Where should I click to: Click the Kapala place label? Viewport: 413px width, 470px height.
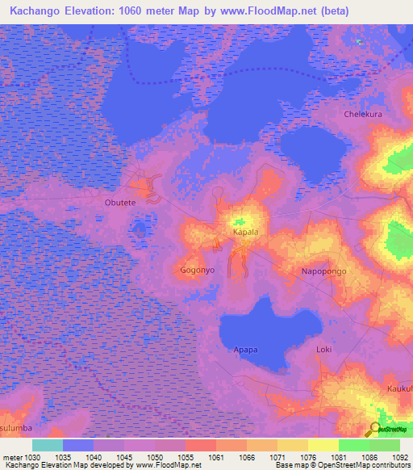coord(245,232)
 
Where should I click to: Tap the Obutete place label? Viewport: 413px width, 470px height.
coord(121,204)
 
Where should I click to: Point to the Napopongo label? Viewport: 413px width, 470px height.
coord(323,271)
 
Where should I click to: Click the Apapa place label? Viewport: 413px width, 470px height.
coord(246,350)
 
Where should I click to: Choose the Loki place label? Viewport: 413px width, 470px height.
coord(324,350)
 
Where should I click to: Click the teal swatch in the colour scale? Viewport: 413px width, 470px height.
coord(48,445)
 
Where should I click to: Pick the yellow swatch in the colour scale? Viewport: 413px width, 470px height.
coord(323,445)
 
